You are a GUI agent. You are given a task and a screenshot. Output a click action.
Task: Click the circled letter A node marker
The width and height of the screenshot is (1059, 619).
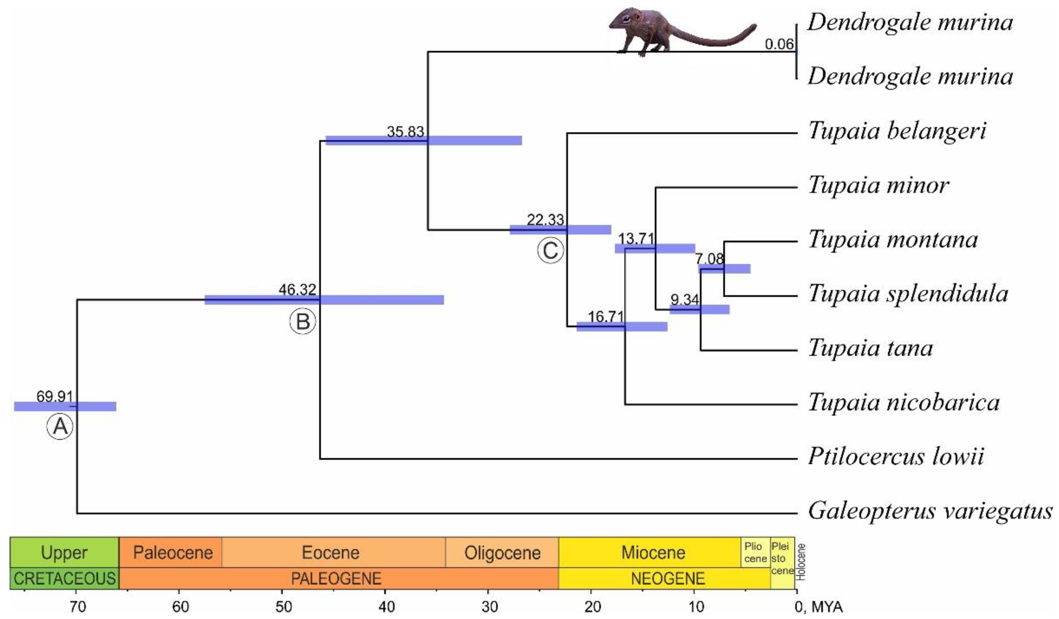60,426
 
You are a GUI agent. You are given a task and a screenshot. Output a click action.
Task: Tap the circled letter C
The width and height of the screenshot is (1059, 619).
550,251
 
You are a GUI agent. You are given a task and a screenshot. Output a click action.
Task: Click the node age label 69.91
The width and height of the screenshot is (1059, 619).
54,396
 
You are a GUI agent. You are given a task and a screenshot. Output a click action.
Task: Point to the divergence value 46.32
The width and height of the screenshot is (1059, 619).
297,290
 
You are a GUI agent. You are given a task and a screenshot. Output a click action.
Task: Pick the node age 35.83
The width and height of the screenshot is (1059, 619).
406,132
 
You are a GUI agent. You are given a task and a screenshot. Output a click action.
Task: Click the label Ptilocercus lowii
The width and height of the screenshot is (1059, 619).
896,457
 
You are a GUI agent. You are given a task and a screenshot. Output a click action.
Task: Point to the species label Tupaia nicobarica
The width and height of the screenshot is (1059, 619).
904,403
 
